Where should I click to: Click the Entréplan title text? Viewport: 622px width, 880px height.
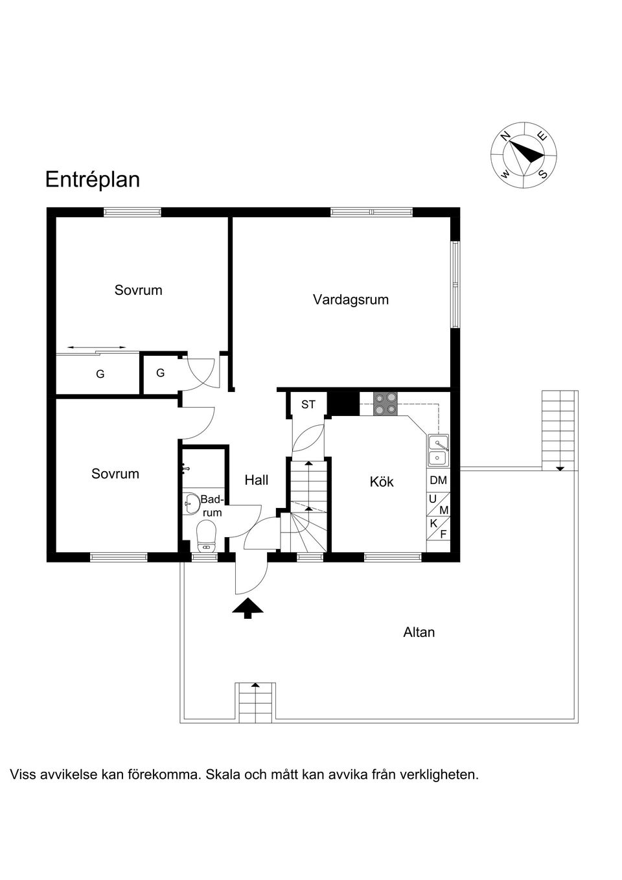[92, 179]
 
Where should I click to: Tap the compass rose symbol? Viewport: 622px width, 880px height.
[524, 155]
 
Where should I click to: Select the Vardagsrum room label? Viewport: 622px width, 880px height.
[351, 299]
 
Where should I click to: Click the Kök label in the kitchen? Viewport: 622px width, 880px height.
[382, 481]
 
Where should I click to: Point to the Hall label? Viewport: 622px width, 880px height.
[257, 480]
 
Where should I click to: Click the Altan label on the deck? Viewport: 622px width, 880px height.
[419, 632]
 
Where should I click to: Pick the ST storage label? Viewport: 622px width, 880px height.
[308, 404]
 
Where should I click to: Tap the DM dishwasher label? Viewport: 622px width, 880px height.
[438, 480]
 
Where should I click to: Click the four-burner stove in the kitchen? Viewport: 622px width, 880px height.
[386, 404]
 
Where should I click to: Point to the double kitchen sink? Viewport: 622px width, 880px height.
[438, 450]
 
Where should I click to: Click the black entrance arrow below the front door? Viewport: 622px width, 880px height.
[248, 608]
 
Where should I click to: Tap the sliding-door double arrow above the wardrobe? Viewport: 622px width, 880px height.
[97, 348]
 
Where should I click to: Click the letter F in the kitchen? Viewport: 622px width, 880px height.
[444, 535]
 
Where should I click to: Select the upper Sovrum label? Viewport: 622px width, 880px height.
[138, 290]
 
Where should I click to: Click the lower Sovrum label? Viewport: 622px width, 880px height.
[115, 474]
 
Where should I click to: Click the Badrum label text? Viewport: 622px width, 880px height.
[211, 505]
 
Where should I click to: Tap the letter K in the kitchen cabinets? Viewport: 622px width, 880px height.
[433, 523]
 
